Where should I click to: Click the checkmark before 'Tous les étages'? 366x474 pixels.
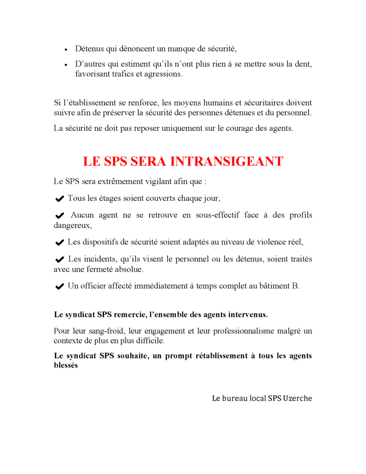tap(59, 199)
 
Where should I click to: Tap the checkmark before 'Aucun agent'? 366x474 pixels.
tap(59, 216)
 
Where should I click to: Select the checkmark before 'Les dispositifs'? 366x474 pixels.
tap(59, 243)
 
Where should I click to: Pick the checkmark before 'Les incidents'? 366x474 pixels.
tap(59, 260)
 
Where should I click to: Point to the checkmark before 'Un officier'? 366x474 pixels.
tap(59, 287)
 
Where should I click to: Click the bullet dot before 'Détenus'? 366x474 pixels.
tap(66, 50)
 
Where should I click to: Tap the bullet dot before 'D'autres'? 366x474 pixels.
tap(66, 65)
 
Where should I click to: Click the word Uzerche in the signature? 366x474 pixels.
tap(298, 398)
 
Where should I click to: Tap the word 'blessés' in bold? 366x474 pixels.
tap(66, 365)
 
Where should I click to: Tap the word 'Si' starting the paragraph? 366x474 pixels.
tap(57, 102)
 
